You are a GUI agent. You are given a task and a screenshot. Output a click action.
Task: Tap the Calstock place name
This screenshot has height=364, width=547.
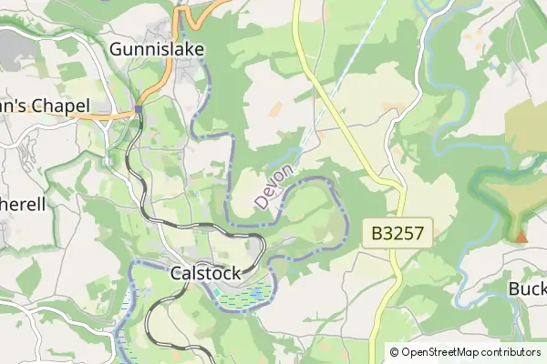tap(206, 272)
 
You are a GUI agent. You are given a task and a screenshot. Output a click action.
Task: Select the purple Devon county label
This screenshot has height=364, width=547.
tap(274, 186)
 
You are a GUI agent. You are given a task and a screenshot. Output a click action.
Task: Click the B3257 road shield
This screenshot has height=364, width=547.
tap(398, 233)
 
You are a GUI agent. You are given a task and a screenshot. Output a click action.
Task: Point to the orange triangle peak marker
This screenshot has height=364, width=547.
tap(521, 238)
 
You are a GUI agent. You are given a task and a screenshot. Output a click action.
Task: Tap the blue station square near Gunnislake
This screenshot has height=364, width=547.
tap(139, 109)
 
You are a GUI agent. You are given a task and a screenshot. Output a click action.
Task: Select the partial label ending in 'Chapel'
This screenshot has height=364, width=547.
tap(36, 106)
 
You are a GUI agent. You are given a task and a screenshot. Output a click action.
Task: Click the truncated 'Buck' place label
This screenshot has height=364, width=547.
tap(527, 288)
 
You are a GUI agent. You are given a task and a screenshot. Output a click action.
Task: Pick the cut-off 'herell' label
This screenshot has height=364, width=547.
tap(23, 205)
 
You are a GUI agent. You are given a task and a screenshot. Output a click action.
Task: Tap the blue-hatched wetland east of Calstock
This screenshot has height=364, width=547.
tap(247, 294)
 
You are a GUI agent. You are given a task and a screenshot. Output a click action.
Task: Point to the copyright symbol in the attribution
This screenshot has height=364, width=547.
tap(395, 352)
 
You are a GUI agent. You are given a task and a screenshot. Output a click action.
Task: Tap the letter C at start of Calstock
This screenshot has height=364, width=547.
tap(177, 272)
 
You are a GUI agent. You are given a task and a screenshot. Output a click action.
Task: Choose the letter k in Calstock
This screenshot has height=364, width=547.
tap(235, 272)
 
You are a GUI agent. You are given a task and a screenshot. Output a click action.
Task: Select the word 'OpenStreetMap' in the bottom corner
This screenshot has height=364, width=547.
tap(441, 352)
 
